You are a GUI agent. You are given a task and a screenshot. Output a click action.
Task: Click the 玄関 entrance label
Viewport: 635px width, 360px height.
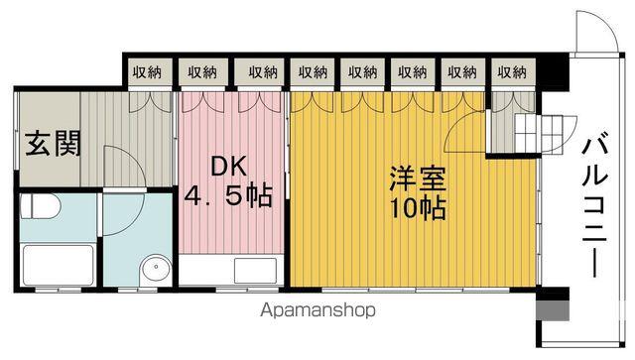[53, 144]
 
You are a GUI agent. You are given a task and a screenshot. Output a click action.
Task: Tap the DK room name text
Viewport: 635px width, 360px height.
[229, 166]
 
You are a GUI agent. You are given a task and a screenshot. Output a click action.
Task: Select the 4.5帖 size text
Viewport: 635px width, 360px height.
[228, 196]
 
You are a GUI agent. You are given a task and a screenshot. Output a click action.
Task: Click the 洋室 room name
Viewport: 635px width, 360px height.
[418, 179]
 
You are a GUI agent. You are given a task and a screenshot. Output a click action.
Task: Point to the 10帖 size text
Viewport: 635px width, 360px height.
[418, 208]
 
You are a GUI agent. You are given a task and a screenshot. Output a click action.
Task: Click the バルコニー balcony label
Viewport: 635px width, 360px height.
[594, 207]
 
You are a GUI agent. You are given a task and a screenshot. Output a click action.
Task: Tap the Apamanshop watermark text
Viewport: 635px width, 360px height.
[317, 310]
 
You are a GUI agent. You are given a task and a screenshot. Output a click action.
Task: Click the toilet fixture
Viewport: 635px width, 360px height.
[40, 206]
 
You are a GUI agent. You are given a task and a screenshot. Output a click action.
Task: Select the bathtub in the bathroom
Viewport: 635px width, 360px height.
[59, 265]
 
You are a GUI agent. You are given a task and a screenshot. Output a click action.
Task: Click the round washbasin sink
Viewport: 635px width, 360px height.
[156, 268]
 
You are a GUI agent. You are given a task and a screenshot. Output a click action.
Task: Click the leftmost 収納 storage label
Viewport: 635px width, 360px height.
[147, 72]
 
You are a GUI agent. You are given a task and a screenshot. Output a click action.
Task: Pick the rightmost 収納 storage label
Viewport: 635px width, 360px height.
[512, 72]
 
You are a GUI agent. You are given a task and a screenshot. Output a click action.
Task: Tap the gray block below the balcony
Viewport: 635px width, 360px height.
[553, 310]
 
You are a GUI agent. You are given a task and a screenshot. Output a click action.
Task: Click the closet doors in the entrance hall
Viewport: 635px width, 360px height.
[151, 102]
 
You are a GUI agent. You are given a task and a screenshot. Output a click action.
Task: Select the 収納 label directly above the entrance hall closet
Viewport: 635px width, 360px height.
[147, 72]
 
